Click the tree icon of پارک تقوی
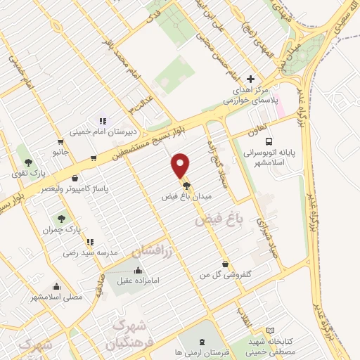coord(28,162)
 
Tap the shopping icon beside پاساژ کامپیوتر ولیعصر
coord(75,179)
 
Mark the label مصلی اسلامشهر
coord(57,297)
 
